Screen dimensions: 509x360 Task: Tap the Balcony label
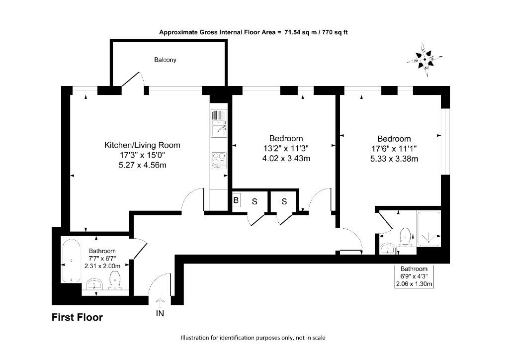pos(165,60)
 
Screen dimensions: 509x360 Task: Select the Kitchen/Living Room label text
pos(142,145)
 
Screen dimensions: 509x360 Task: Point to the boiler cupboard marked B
pos(237,201)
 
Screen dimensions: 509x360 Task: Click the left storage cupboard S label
pos(254,201)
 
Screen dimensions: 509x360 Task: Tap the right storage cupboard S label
pos(284,201)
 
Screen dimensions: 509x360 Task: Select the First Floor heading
pos(77,317)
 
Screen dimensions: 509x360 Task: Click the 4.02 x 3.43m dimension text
pos(286,159)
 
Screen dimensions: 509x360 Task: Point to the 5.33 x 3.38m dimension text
pos(394,159)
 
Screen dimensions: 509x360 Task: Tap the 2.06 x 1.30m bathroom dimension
pos(414,284)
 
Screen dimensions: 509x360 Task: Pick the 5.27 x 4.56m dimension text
pos(142,165)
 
